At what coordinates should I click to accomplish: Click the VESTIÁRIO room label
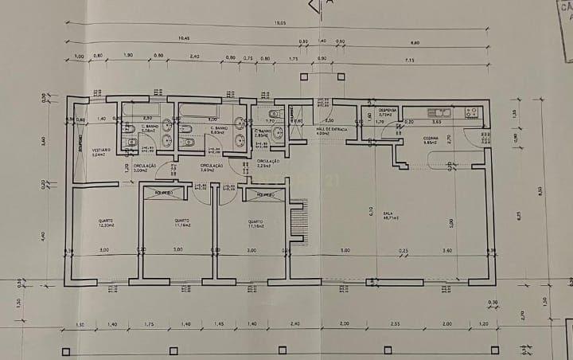tap(101, 153)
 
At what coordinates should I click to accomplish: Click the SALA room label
tap(389, 214)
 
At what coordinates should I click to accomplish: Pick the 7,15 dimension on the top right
tap(410, 60)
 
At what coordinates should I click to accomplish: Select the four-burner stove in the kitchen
tap(473, 113)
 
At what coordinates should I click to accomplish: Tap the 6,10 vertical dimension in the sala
tap(371, 210)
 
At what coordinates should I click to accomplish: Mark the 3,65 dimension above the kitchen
tap(436, 122)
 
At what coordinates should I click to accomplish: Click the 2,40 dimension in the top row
tap(195, 57)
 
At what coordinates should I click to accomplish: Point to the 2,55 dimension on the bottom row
tap(396, 324)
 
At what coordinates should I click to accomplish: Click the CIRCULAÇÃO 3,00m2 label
tap(144, 168)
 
